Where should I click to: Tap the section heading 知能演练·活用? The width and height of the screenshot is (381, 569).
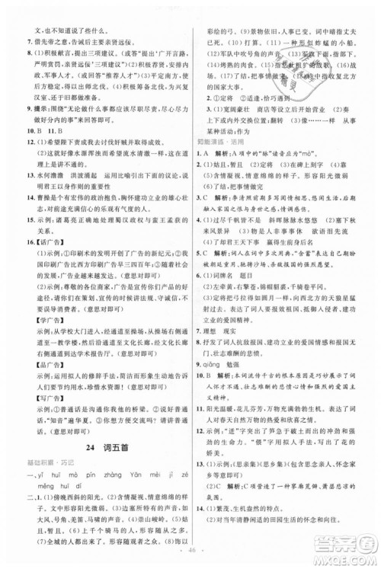point(217,140)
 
